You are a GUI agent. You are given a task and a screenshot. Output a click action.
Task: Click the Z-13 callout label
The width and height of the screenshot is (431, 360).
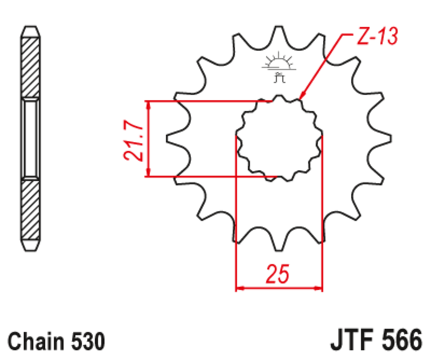coord(377,37)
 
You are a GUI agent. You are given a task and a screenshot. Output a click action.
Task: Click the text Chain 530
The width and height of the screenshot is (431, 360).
coord(56,342)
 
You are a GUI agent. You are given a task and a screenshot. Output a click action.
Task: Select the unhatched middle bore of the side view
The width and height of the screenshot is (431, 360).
coord(30,139)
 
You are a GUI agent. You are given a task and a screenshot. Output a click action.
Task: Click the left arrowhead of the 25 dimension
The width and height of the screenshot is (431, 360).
coord(240,288)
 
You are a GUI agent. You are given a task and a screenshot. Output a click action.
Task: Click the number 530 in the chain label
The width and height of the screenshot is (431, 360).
coord(86,342)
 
